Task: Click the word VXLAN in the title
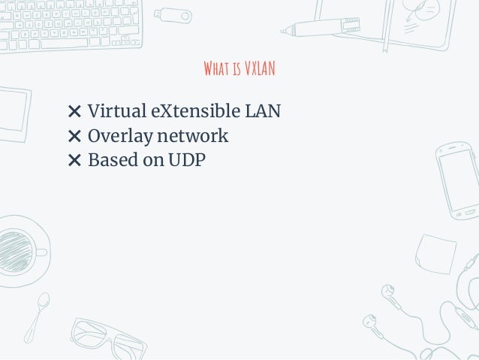[260, 70]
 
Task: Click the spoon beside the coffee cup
[37, 316]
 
